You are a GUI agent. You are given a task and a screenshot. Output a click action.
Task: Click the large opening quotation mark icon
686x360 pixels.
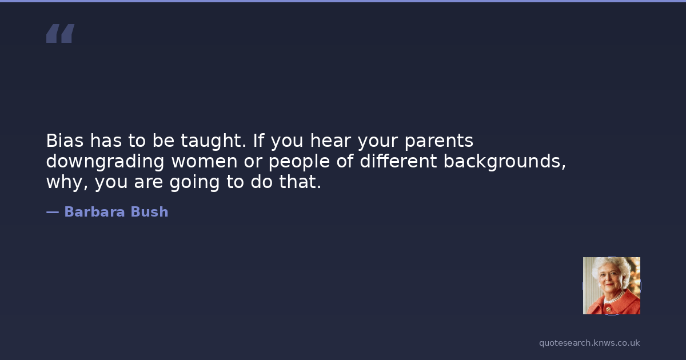[61, 33]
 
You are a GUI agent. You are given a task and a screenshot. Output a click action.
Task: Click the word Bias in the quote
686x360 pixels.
[65, 141]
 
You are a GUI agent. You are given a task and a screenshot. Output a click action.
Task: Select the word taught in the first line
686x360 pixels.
[213, 142]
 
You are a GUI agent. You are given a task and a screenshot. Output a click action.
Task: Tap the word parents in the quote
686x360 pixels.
[439, 142]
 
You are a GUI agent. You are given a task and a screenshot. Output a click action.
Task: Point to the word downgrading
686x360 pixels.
[105, 162]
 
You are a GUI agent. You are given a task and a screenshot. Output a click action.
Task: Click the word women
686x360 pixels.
[204, 162]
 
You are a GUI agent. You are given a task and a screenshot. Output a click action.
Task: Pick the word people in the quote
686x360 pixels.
[299, 162]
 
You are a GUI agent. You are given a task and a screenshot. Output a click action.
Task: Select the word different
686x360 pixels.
[398, 161]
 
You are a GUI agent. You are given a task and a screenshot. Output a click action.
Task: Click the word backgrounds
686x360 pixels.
[504, 162]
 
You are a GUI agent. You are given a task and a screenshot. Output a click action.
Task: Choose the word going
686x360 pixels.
[194, 182]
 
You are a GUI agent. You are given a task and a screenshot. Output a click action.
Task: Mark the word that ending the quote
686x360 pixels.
[300, 182]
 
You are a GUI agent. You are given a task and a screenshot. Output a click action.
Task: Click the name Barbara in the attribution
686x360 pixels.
[95, 212]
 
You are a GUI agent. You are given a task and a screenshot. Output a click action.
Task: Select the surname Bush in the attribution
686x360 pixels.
[149, 212]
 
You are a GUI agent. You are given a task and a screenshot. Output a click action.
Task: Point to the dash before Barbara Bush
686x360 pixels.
[53, 213]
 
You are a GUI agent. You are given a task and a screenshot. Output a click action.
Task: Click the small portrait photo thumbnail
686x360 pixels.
[612, 286]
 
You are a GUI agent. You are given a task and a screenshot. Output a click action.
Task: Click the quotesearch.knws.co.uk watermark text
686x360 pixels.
[589, 343]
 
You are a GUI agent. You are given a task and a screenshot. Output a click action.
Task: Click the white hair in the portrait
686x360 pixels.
[609, 265]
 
